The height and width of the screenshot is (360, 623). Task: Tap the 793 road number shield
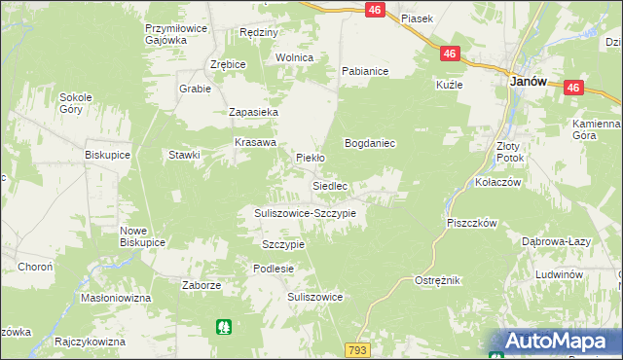coord(357,348)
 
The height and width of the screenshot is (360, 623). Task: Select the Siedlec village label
coord(329,185)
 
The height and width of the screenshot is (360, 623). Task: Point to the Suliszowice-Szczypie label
coord(305,212)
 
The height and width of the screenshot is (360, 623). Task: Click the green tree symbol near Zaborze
coord(225,328)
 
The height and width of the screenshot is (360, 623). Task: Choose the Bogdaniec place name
coord(369,143)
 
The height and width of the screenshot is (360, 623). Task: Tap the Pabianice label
coord(365,71)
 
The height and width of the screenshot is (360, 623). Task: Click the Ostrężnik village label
coord(437,280)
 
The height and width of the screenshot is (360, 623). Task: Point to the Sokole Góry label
coord(76,103)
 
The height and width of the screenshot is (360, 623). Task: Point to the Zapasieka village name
coord(253,113)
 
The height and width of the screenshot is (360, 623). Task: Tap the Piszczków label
coord(472,223)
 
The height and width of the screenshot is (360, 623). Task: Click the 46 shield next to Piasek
coord(375,9)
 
